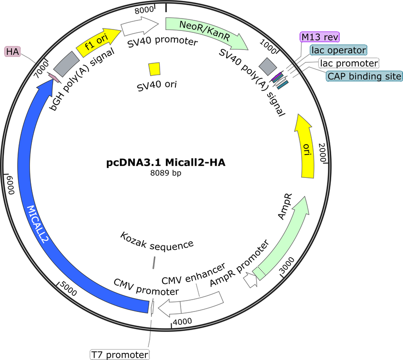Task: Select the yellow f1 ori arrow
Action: [x=98, y=42]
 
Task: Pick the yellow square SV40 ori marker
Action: [x=154, y=69]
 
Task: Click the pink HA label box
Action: [x=12, y=51]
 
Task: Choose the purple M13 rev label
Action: [x=320, y=37]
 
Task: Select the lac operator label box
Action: [x=338, y=50]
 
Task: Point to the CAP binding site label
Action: [x=364, y=76]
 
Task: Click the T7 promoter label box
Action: [x=120, y=355]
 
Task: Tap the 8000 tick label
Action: [x=144, y=10]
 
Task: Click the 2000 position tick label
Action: [x=322, y=153]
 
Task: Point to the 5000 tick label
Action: [x=68, y=289]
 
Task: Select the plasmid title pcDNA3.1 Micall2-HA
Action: [x=166, y=163]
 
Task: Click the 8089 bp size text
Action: [x=166, y=173]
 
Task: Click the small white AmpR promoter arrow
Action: [x=250, y=280]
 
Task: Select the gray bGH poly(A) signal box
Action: [x=67, y=64]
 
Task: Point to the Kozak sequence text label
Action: [x=157, y=241]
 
